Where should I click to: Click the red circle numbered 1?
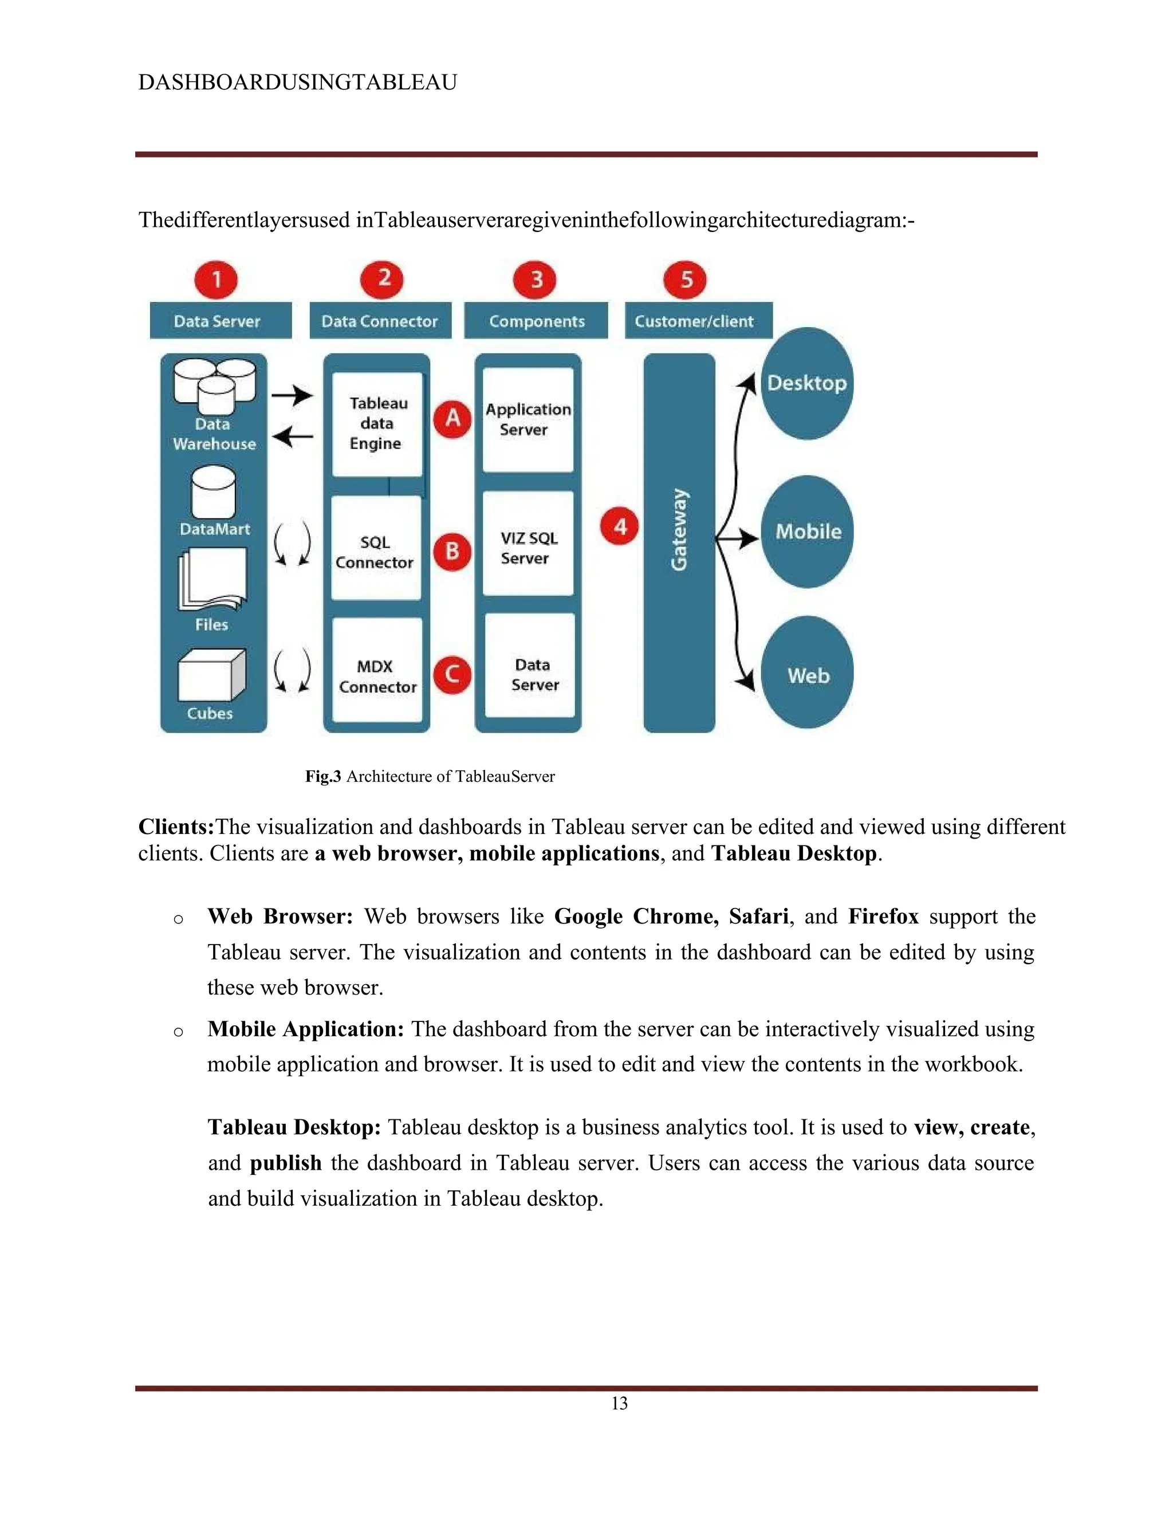pyautogui.click(x=216, y=280)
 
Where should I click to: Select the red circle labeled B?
pyautogui.click(x=452, y=551)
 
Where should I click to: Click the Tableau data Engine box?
pyautogui.click(x=377, y=423)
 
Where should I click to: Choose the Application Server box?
pyautogui.click(x=528, y=419)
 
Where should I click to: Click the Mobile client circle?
pyautogui.click(x=807, y=532)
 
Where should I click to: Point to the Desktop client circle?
pyautogui.click(x=807, y=383)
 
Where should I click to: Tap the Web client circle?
pyautogui.click(x=808, y=673)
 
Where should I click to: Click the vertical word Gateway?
pyautogui.click(x=679, y=530)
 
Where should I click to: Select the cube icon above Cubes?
pyautogui.click(x=211, y=675)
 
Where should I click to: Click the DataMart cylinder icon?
pyautogui.click(x=212, y=491)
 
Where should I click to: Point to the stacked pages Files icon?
pyautogui.click(x=212, y=579)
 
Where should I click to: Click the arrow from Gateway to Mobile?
pyautogui.click(x=738, y=538)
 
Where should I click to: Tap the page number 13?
pyautogui.click(x=619, y=1403)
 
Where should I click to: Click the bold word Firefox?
pyautogui.click(x=883, y=916)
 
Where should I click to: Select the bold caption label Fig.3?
pyautogui.click(x=323, y=776)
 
